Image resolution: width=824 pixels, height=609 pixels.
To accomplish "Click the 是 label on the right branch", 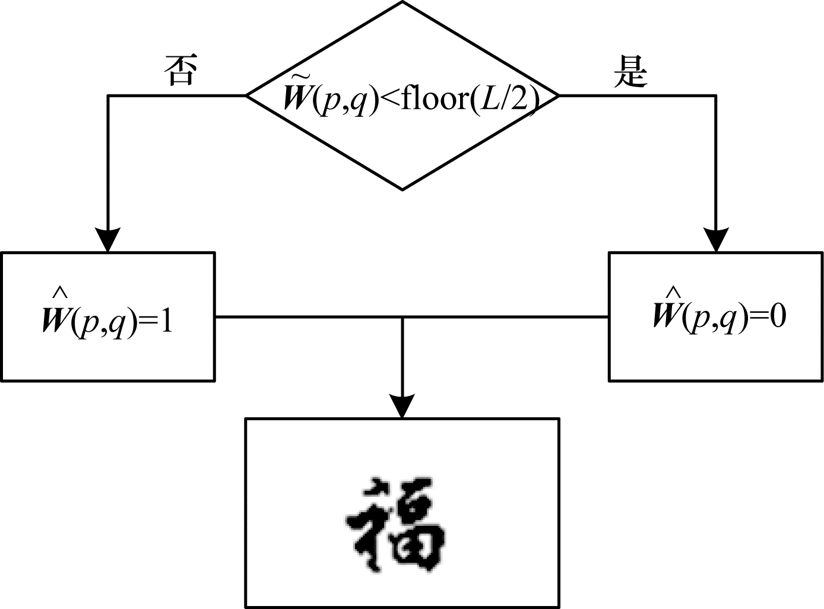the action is (x=630, y=71).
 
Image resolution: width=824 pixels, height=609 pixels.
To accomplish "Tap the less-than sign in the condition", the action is (x=390, y=99).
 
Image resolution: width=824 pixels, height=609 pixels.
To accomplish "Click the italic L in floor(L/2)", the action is (x=489, y=99).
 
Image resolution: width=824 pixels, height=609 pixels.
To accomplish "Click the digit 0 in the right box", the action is (x=778, y=316).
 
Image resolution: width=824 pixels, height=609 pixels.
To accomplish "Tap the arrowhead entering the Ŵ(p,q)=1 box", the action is (x=107, y=239).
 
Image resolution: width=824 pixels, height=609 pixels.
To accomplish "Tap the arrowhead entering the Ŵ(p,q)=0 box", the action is (x=716, y=239).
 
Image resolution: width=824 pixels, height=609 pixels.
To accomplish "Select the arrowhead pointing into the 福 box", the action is (x=403, y=405).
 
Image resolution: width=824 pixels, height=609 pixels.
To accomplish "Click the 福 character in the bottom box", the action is (x=396, y=525).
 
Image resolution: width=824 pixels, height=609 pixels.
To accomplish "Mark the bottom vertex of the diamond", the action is (x=403, y=191).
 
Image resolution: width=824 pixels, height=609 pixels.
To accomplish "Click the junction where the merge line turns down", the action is (x=403, y=317).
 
